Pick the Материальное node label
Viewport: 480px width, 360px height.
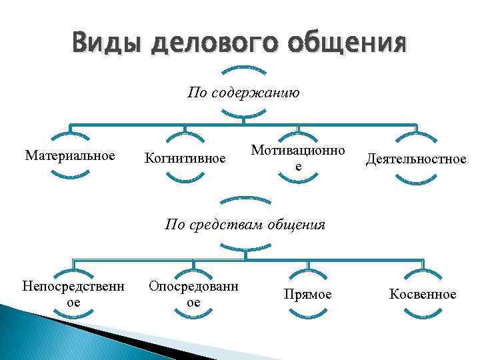70,156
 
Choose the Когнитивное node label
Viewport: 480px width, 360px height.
185,158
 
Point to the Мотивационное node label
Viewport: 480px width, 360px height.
298,158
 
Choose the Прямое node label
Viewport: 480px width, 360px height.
307,294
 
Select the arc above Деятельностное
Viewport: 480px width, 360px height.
417,138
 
